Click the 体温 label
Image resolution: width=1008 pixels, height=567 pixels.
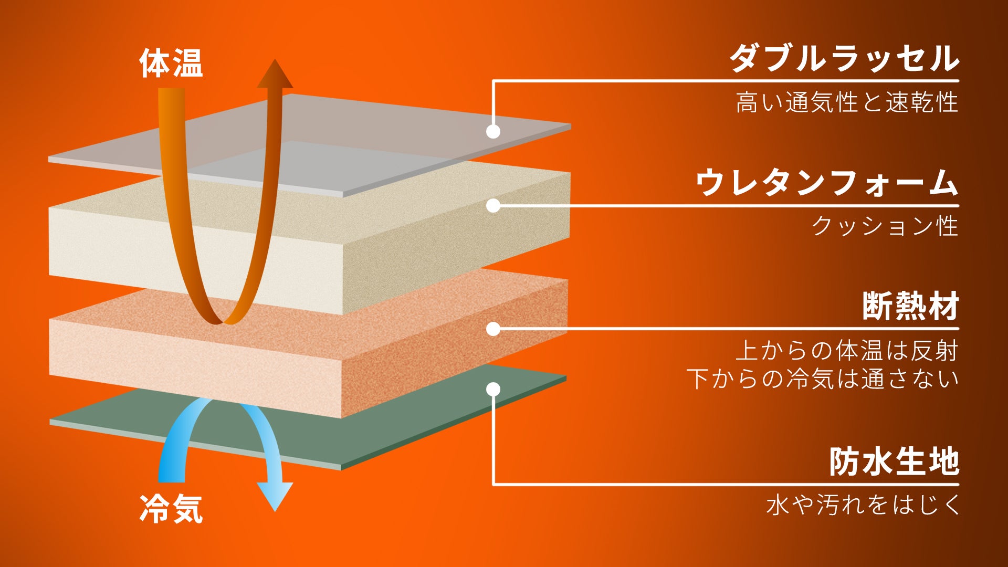point(171,63)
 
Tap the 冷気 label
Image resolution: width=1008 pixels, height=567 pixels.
point(171,508)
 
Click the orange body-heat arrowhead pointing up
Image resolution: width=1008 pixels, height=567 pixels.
point(275,73)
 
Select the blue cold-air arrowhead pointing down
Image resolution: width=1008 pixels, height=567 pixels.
point(275,497)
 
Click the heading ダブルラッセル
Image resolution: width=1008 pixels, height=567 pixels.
point(845,58)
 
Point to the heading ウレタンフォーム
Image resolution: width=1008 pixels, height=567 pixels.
point(827,182)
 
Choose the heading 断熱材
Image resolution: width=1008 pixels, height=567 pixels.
point(911,306)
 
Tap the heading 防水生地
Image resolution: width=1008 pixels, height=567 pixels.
point(895,461)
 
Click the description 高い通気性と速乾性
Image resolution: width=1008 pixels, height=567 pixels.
point(847,102)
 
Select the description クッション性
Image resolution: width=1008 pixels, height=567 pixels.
point(885,226)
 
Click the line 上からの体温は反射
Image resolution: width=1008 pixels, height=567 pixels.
point(847,351)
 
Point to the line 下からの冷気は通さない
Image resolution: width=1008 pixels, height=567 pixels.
point(823,379)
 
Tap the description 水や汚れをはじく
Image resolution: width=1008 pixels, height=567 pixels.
point(863,505)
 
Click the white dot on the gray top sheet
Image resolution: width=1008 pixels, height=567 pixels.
point(493,131)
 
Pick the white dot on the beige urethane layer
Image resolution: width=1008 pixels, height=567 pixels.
point(493,205)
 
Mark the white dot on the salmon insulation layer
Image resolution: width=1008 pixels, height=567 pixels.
point(493,329)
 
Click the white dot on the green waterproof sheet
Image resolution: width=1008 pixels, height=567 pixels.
point(493,389)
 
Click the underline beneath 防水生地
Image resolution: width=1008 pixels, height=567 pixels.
point(726,484)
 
